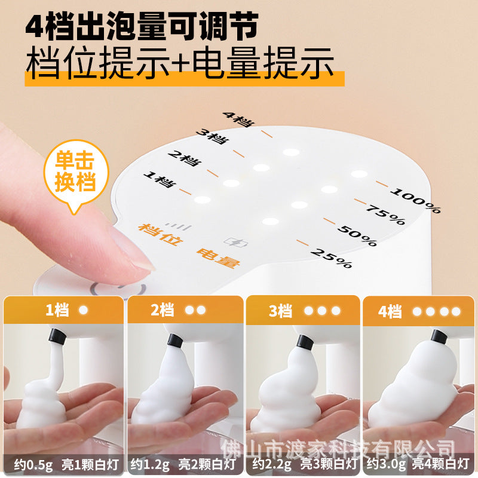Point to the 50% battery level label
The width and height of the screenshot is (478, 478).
click(357, 234)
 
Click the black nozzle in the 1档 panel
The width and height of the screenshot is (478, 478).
click(57, 337)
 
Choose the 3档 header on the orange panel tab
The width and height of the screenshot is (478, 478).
click(280, 311)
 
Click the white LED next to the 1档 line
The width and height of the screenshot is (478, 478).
click(202, 200)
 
